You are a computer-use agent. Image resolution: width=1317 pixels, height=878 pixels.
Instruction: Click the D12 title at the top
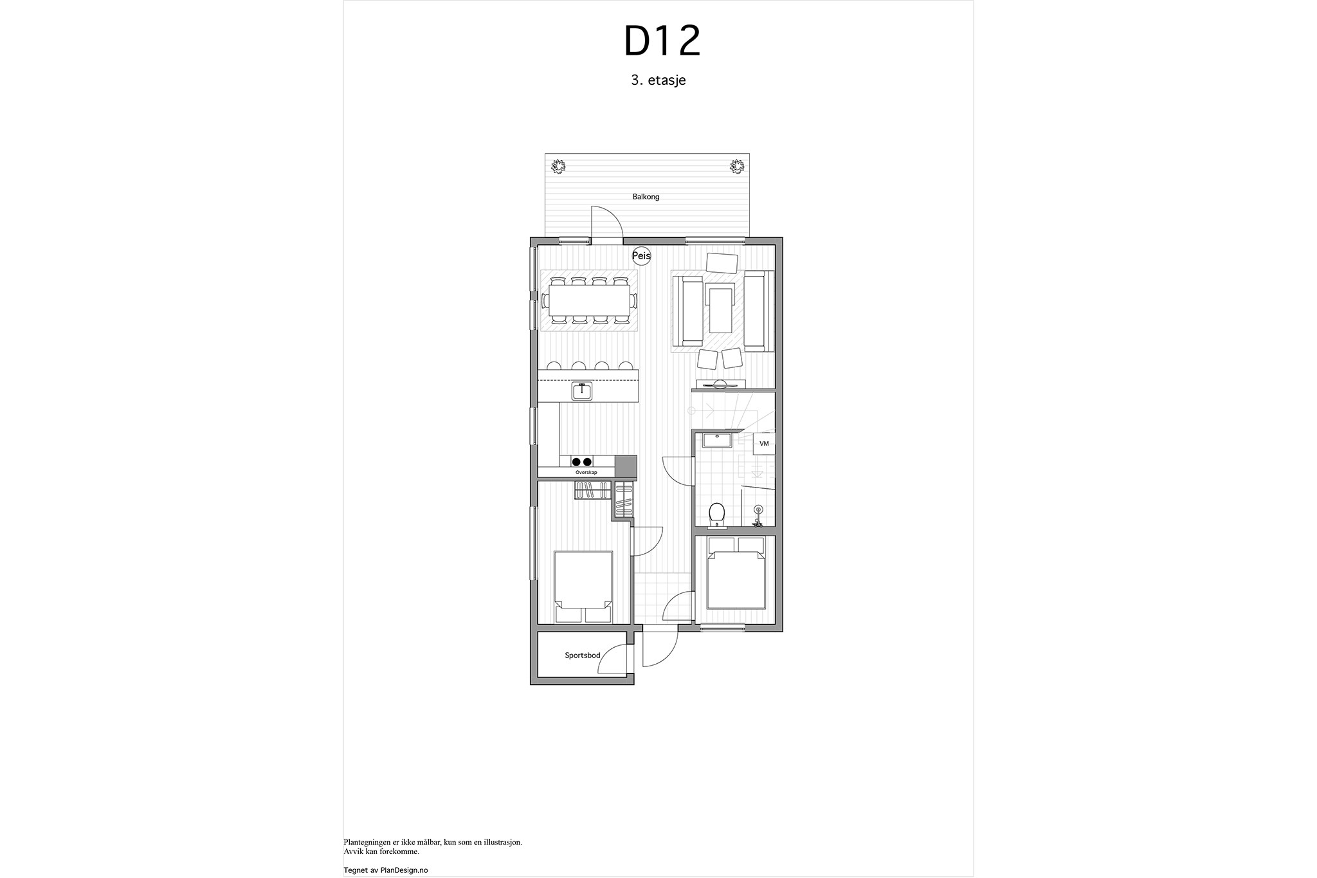[x=662, y=41]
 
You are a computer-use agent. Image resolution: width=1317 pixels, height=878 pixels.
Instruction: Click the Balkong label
[x=646, y=197]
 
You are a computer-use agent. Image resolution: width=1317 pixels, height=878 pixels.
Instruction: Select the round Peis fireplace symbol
[x=642, y=255]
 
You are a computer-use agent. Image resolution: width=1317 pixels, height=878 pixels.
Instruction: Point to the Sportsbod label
[x=583, y=655]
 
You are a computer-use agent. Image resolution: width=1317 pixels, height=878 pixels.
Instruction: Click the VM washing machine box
[x=764, y=443]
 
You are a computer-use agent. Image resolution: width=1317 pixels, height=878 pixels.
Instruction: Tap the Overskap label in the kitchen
[x=586, y=473]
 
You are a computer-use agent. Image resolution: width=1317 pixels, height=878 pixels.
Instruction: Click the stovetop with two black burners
[x=132, y=461]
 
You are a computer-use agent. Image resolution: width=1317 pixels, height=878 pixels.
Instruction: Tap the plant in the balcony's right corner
[x=737, y=167]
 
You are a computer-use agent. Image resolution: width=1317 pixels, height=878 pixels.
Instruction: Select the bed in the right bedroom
[x=736, y=572]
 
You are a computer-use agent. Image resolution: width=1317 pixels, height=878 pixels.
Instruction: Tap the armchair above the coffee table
[x=722, y=263]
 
